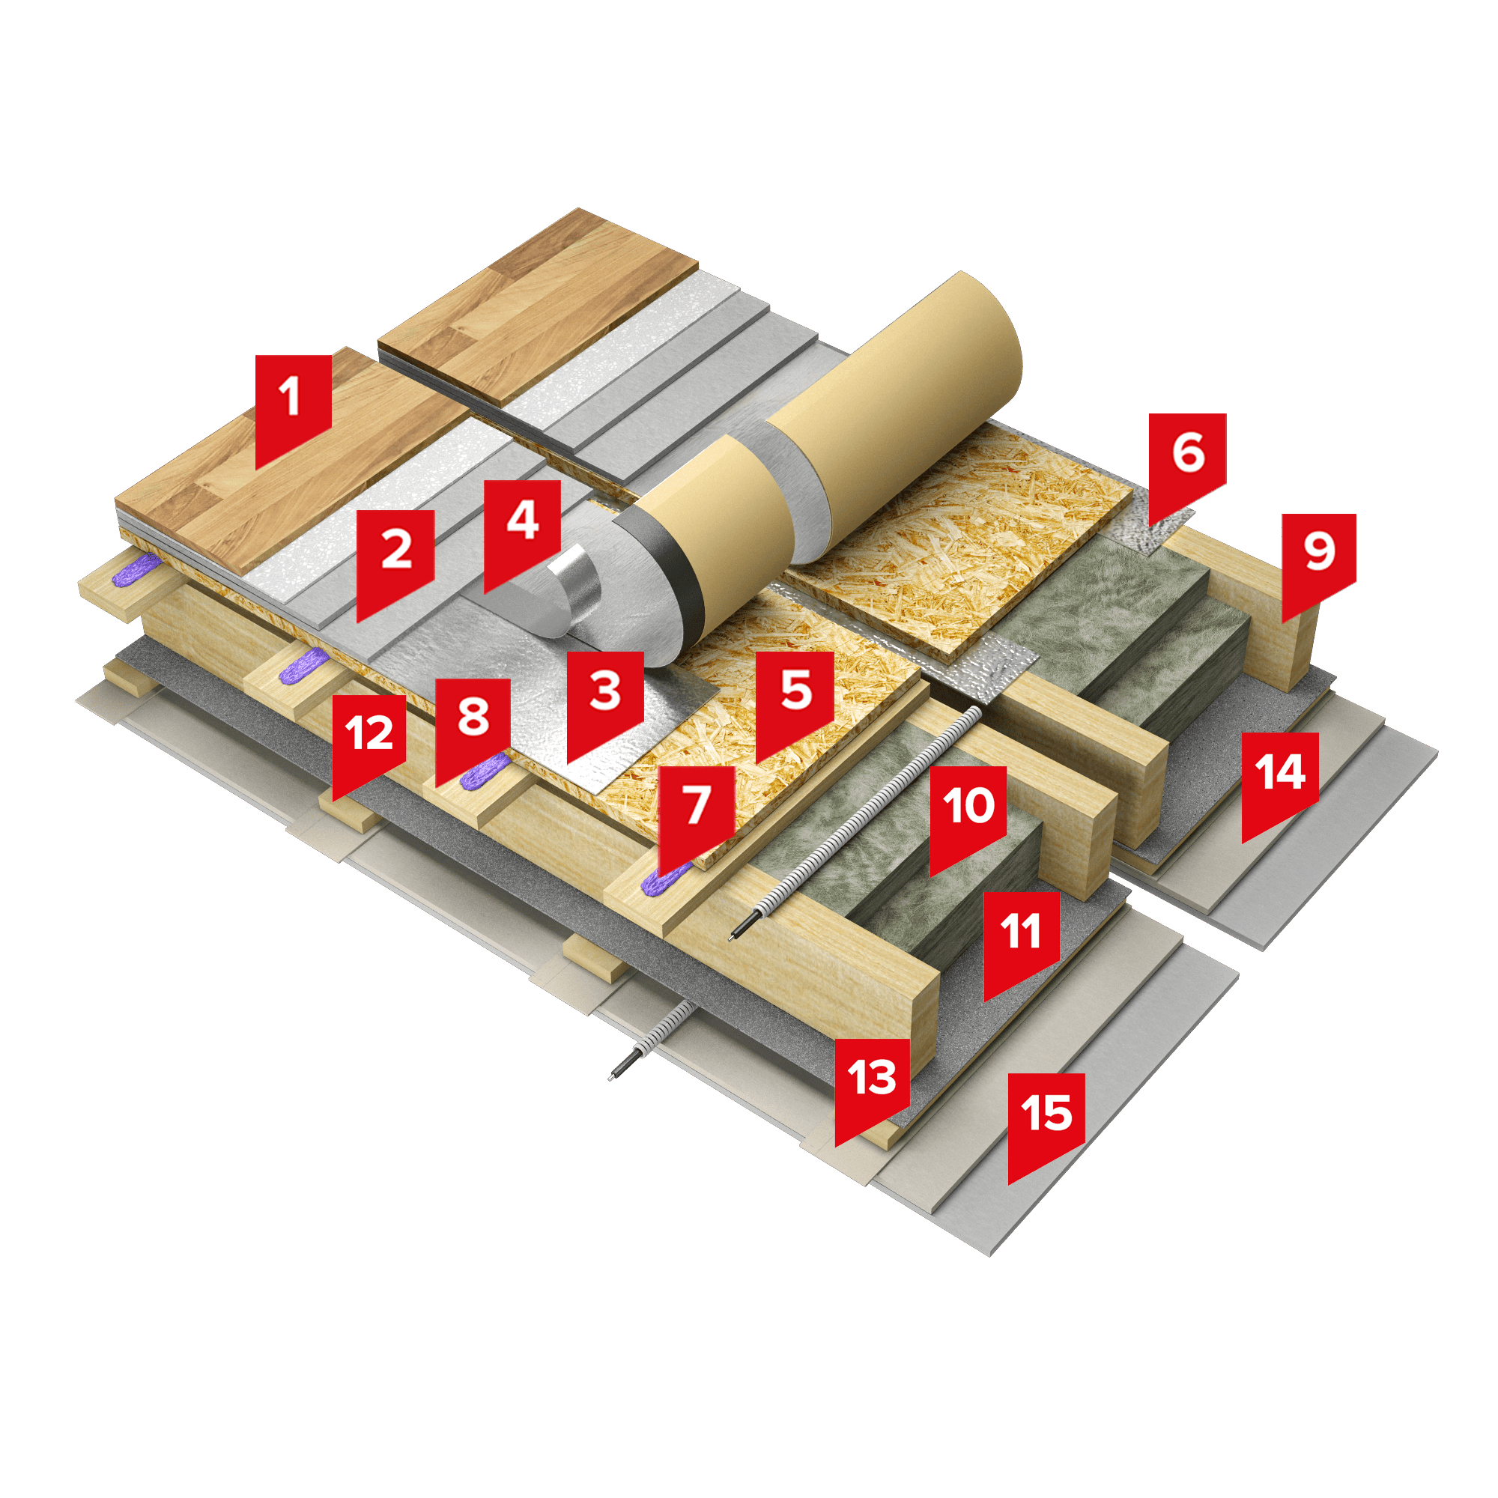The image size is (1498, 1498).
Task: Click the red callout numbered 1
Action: pyautogui.click(x=293, y=404)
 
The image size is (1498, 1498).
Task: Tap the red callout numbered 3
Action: pyautogui.click(x=604, y=699)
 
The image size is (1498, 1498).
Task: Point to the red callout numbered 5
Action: pyautogui.click(x=795, y=699)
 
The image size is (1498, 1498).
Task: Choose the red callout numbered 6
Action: pyautogui.click(x=1187, y=461)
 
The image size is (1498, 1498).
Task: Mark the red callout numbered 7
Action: pyautogui.click(x=696, y=814)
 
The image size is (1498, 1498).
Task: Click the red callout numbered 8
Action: pyautogui.click(x=472, y=725)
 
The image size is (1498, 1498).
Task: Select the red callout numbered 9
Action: pyautogui.click(x=1319, y=560)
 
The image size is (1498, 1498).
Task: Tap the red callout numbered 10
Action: pyautogui.click(x=968, y=814)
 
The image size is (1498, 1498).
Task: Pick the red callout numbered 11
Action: pyautogui.click(x=1021, y=939)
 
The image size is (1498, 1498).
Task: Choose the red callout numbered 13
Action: pyautogui.click(x=872, y=1085)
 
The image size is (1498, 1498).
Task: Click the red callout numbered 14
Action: pyautogui.click(x=1279, y=780)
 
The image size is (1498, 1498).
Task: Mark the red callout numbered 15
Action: pyautogui.click(x=1045, y=1121)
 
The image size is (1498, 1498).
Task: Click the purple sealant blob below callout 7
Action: pyautogui.click(x=665, y=877)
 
